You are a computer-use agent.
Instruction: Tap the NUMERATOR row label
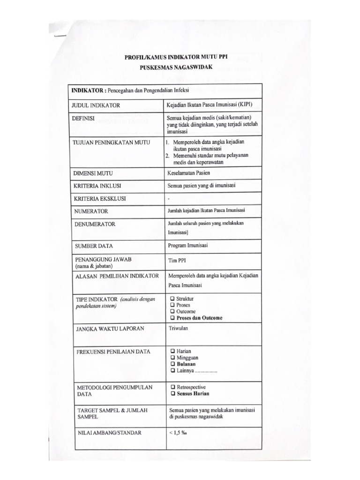(91, 211)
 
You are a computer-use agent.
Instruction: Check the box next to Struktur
(172, 299)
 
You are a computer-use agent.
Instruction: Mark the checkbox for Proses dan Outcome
(172, 318)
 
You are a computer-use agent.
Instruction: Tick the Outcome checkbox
(172, 311)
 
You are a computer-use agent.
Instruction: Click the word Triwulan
(178, 329)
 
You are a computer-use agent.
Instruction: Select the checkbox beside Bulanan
(172, 364)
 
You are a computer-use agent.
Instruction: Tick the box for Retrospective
(172, 387)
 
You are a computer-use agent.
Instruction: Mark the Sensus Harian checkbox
(172, 394)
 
